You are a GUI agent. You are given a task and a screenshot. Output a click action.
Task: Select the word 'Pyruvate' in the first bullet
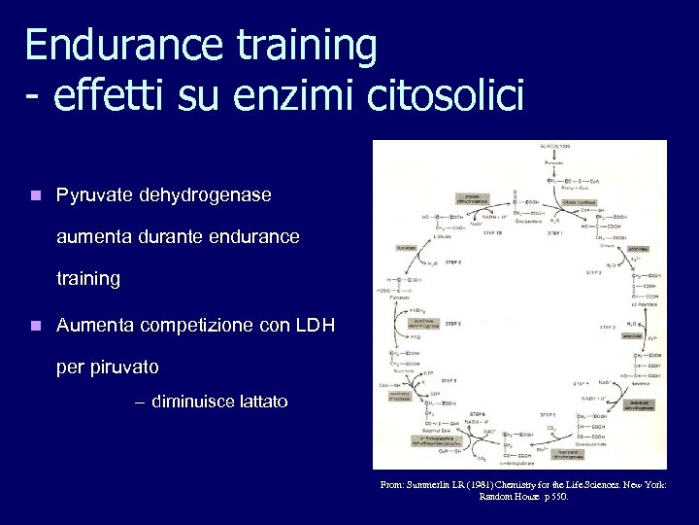tap(96, 195)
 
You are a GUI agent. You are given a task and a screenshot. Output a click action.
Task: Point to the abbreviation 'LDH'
tap(312, 326)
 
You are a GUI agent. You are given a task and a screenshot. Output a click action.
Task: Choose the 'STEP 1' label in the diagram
tap(555, 233)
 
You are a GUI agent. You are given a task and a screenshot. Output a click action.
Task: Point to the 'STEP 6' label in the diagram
tap(478, 414)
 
